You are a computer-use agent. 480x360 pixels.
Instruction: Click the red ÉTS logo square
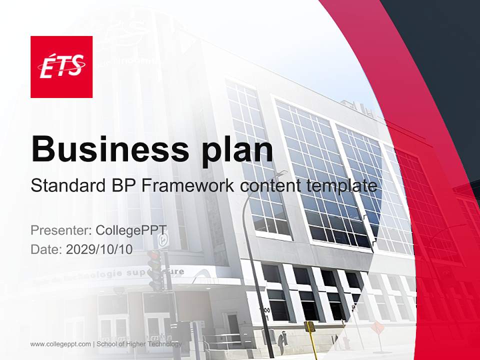coord(61,67)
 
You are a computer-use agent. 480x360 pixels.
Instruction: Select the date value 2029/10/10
coord(99,249)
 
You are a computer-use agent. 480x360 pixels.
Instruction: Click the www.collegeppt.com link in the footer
coord(60,344)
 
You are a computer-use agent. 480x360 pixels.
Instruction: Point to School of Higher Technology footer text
coord(139,344)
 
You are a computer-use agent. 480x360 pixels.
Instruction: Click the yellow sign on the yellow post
coord(310,326)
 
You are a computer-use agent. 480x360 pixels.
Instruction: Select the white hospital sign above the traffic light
coord(162,240)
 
